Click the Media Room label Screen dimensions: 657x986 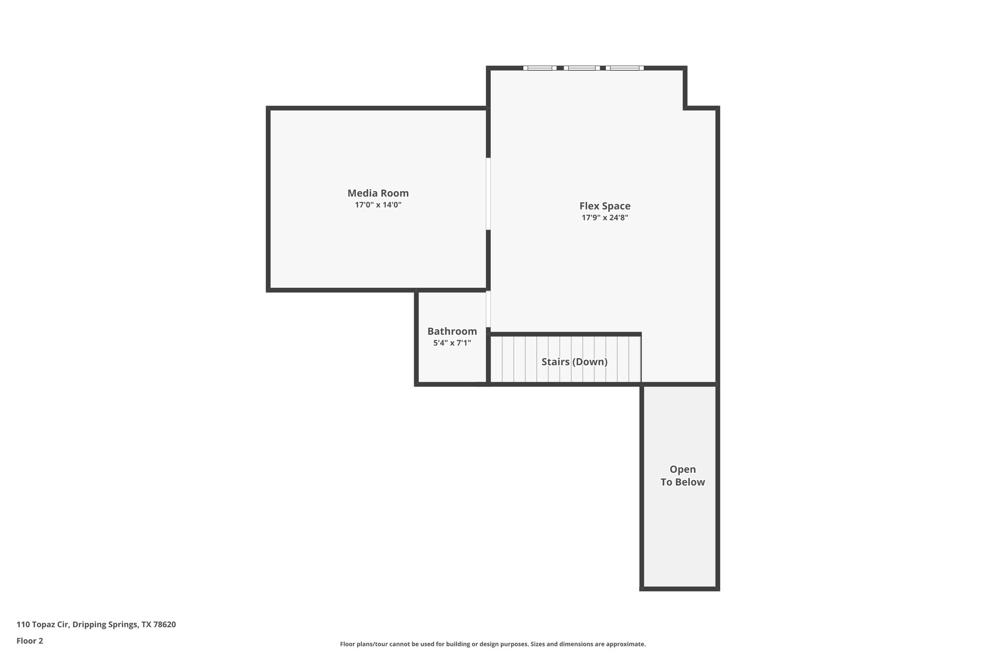378,193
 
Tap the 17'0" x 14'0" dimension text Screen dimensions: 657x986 378,205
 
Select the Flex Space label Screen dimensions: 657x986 605,206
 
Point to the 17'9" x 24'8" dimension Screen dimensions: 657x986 605,218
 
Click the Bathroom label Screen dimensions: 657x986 452,331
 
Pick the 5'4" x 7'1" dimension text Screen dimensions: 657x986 452,343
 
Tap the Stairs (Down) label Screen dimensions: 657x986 574,361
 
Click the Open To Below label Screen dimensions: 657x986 682,476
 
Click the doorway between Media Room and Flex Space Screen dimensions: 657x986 488,193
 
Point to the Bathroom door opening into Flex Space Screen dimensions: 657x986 488,309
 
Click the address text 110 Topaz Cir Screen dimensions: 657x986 43,625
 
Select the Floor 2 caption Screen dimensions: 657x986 30,641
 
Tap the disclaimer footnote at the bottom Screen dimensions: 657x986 493,644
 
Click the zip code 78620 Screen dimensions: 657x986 165,625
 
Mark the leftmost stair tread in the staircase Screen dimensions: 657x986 496,360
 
